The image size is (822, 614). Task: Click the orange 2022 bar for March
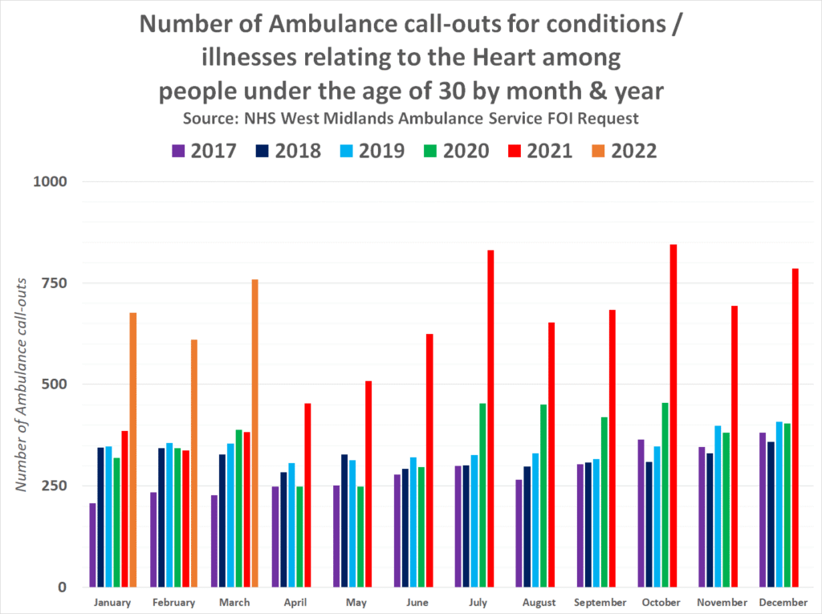point(254,433)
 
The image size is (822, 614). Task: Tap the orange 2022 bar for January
point(133,449)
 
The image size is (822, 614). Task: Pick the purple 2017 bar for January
point(93,545)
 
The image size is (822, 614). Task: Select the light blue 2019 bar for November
point(718,506)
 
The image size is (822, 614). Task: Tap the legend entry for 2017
point(204,150)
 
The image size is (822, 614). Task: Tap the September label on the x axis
point(600,603)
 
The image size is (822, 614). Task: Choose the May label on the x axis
point(356,603)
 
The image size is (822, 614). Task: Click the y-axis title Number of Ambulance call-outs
point(24,384)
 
